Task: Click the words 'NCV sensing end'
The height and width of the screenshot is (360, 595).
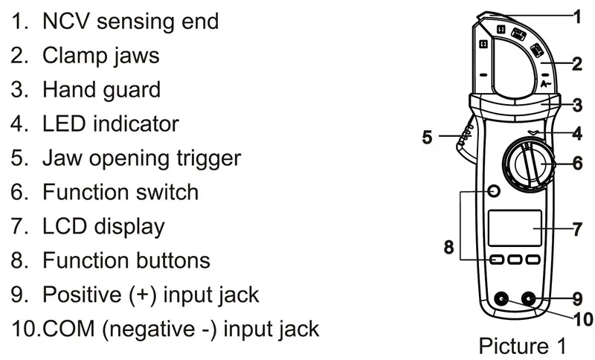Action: pos(130,21)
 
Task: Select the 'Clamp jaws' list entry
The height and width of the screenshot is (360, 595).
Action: pos(100,55)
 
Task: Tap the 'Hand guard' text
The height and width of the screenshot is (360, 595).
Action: pos(101,89)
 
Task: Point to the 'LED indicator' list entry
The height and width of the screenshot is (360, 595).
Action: pos(110,123)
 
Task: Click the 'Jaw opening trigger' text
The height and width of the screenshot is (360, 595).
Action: pos(141,158)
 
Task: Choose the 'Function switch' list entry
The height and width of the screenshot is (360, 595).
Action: pos(120,192)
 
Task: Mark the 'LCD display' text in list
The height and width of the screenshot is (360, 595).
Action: pos(103,226)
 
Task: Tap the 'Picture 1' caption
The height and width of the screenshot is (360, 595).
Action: pos(521,346)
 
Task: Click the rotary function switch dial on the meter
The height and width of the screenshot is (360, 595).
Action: pos(525,163)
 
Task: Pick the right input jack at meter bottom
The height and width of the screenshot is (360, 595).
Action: pos(529,300)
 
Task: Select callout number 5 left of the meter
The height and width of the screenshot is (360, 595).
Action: pos(427,137)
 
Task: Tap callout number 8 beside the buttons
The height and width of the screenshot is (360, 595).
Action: pos(449,246)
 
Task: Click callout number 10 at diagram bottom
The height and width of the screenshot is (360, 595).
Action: pos(583,320)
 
